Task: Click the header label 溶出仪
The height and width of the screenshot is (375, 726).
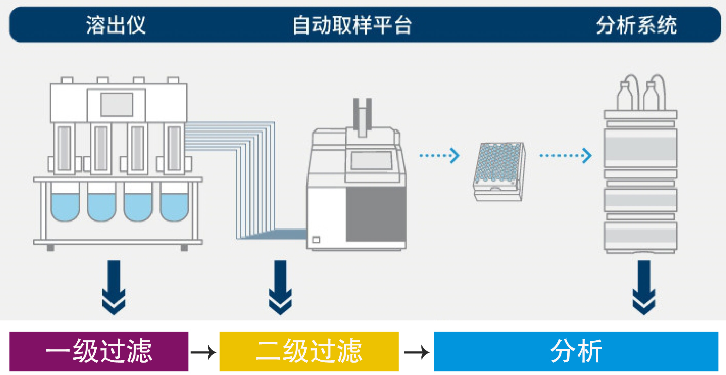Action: pos(116,25)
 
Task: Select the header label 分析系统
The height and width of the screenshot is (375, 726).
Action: pos(637,25)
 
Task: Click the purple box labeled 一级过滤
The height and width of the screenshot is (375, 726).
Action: pos(99,351)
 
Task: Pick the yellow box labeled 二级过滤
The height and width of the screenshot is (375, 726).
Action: pos(309,351)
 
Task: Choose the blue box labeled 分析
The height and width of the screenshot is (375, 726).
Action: pos(576,351)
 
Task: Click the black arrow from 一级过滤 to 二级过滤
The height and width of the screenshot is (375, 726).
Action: pos(203,352)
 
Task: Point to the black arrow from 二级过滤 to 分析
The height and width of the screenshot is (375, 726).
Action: pos(416,352)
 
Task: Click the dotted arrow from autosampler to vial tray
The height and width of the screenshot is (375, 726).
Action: pos(439,155)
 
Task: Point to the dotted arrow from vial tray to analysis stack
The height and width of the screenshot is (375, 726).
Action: pos(565,155)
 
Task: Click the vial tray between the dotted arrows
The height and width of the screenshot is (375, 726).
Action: pos(499,171)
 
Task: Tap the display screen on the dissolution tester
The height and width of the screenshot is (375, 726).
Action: pos(117,105)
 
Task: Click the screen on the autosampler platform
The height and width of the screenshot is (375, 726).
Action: pos(371,160)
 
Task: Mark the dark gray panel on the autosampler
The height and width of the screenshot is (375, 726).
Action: pos(376,214)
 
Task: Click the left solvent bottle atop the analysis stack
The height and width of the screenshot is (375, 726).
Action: pos(625,97)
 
